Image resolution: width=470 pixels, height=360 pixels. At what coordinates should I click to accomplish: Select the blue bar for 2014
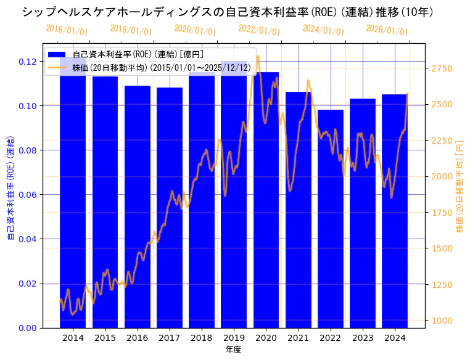[73, 197]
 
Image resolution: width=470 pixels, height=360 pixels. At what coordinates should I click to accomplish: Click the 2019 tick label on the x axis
[233, 338]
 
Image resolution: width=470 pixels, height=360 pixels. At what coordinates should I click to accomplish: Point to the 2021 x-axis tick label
[298, 338]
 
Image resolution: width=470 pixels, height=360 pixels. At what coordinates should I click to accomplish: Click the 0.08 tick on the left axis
[28, 150]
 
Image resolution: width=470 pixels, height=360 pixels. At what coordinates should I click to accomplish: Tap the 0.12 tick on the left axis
[28, 62]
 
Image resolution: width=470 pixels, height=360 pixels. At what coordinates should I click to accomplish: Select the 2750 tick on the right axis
[442, 68]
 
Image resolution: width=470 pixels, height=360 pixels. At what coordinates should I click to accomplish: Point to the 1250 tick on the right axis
[442, 285]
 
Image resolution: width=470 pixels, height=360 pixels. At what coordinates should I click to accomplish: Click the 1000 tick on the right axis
[442, 321]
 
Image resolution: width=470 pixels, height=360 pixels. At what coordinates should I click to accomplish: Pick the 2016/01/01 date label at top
[67, 30]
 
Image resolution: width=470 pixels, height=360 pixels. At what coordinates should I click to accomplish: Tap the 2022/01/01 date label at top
[259, 30]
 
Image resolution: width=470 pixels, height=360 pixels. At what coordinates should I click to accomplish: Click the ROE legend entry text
[138, 55]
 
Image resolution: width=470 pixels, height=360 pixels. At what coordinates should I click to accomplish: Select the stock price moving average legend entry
[161, 68]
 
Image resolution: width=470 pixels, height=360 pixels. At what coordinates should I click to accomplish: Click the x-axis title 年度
[233, 350]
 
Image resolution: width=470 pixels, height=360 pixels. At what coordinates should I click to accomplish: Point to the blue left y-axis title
[10, 185]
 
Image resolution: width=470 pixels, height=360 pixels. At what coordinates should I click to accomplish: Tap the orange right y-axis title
[460, 185]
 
